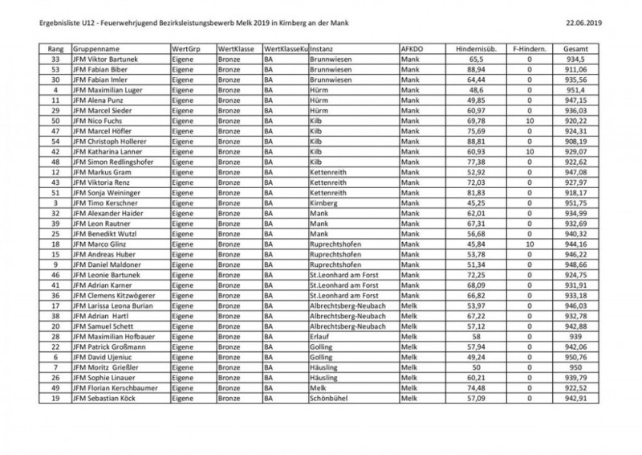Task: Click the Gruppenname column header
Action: (97, 49)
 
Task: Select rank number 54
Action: (56, 141)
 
